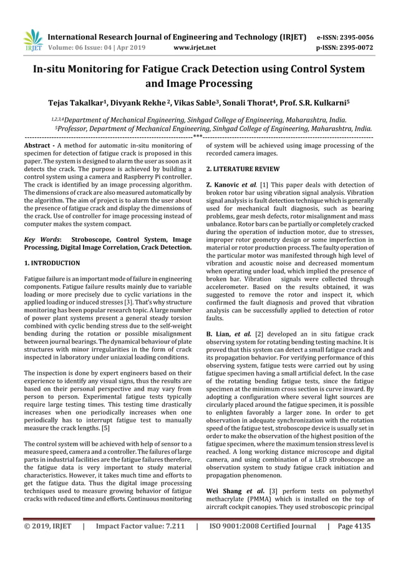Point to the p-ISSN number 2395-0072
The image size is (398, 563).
359,47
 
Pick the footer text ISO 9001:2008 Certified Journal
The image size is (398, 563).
262,543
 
